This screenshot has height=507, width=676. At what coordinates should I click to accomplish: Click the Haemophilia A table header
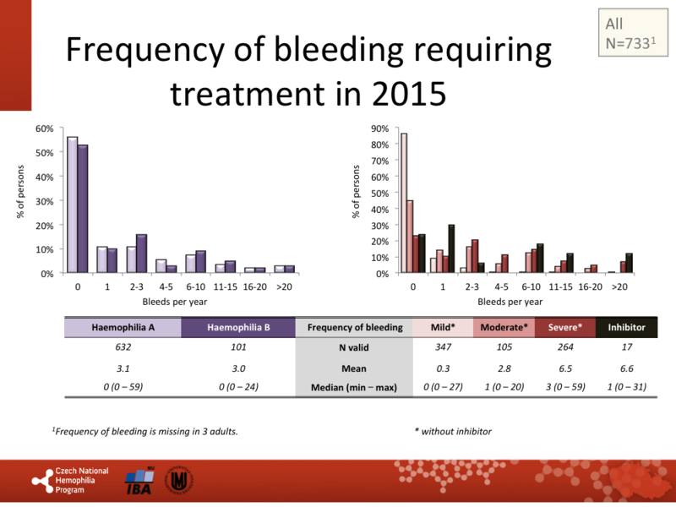pos(123,327)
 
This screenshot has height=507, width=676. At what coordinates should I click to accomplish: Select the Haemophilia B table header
pos(237,327)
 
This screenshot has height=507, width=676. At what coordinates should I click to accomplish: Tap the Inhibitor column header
pos(625,327)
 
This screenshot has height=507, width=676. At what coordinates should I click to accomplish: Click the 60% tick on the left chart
pos(45,128)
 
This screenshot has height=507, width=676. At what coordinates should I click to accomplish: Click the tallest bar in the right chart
pos(404,203)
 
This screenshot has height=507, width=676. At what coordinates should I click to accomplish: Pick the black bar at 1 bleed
pos(451,249)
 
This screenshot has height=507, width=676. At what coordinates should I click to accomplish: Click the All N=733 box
pos(631,33)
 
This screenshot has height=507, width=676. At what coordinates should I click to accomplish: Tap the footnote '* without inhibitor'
pos(452,432)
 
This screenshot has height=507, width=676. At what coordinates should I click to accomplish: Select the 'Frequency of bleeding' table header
pos(354,327)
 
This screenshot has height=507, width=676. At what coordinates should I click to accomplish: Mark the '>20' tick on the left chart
pos(284,286)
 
